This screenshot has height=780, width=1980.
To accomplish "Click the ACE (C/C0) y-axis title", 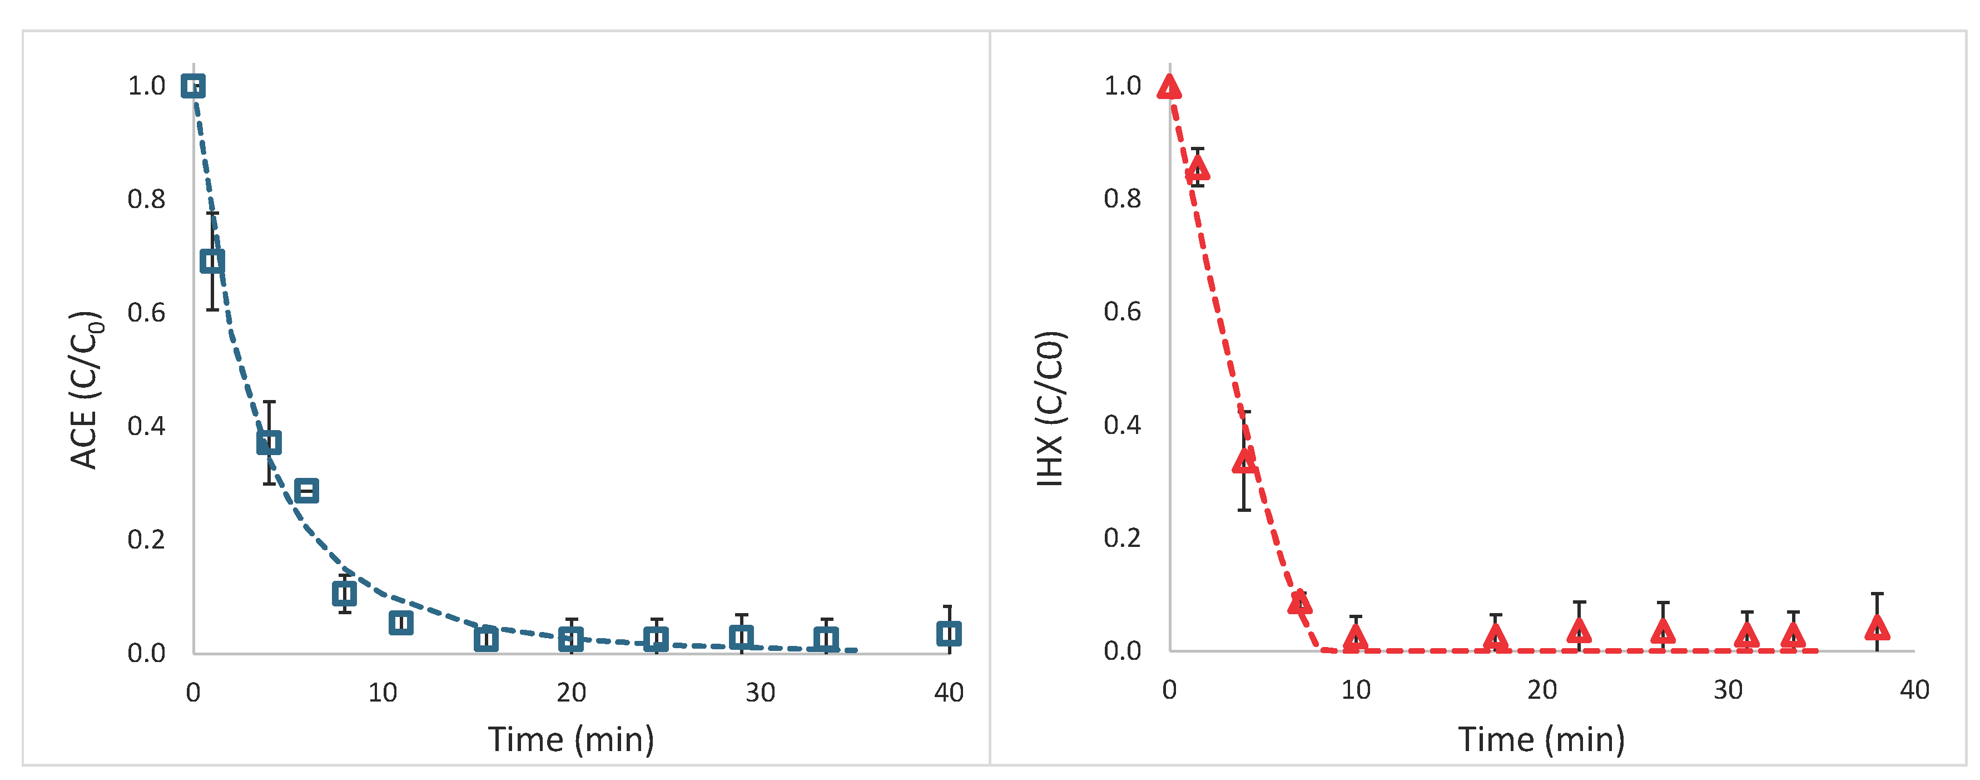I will pos(85,390).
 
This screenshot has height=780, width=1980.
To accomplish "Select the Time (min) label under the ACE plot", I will pos(571,739).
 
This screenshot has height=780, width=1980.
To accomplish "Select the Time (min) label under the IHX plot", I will pos(1541,739).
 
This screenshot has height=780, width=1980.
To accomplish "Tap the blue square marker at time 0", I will pos(193,86).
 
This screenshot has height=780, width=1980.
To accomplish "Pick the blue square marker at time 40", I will pos(949,634).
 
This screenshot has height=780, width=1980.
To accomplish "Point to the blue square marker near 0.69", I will pos(212,261).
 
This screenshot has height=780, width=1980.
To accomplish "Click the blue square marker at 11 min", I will pos(400,623).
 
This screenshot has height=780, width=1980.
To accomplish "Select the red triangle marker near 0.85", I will pos(1198,169).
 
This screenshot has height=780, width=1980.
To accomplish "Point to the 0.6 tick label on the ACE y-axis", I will pos(146,312).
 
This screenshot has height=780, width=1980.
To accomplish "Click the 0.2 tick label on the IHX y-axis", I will pos(1122,537).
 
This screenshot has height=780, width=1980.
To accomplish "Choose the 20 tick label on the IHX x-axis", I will pos(1542,690).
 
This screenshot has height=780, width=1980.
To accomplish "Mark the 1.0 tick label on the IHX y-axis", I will pos(1122,85).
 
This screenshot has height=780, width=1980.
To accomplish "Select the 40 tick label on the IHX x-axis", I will pos(1914,690).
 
